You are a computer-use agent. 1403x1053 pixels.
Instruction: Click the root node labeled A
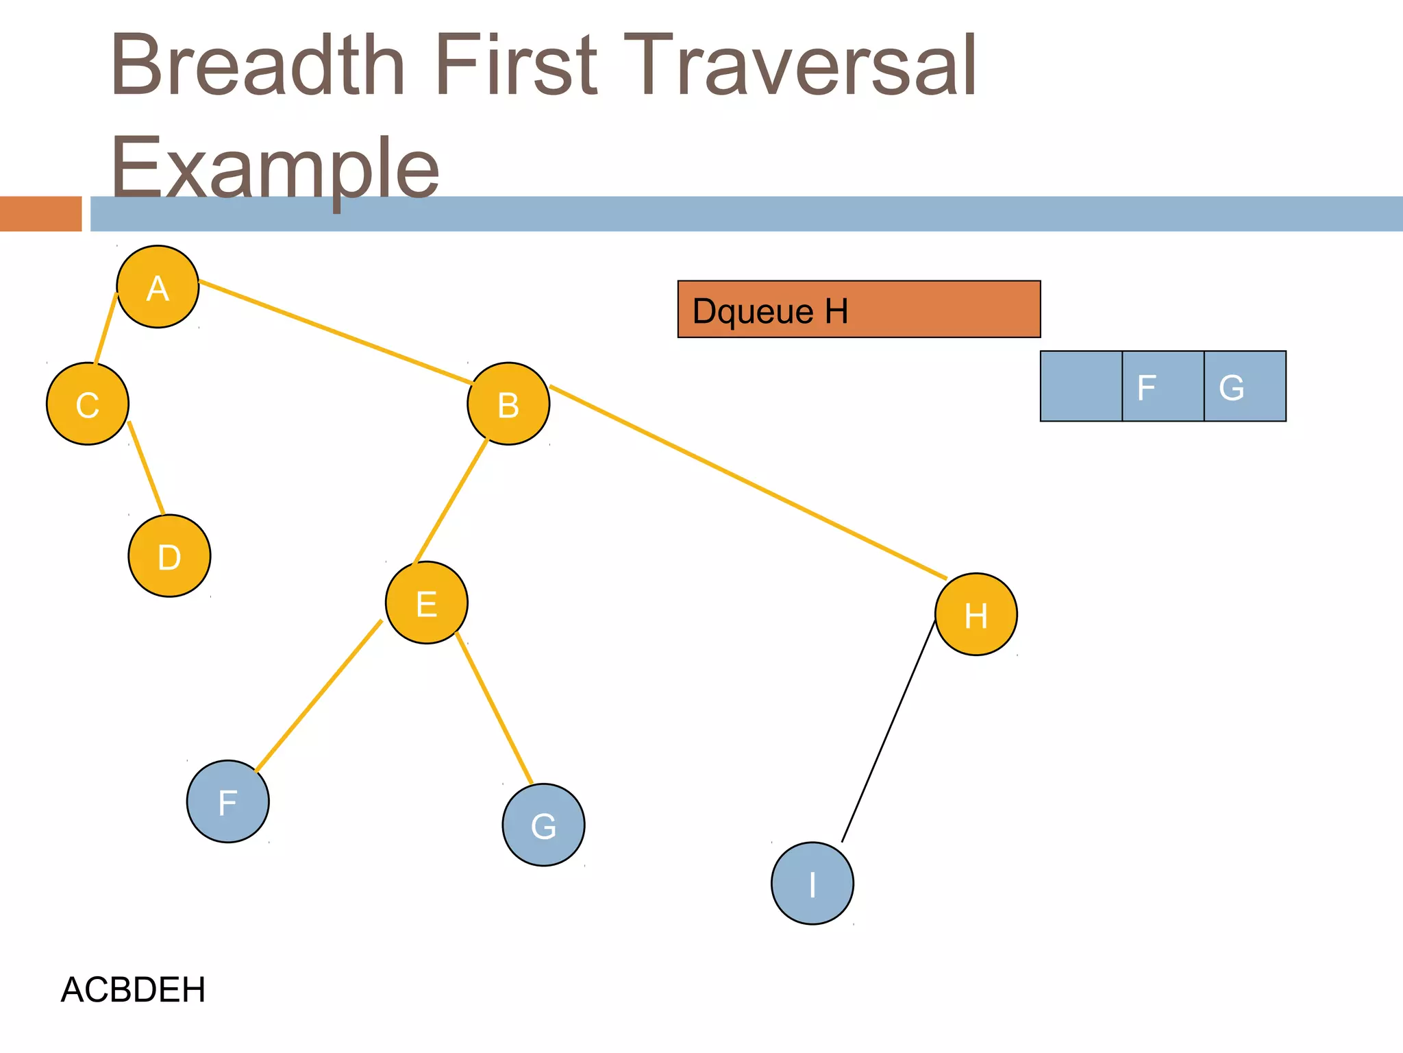coord(158,287)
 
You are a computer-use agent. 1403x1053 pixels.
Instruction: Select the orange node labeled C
coord(88,404)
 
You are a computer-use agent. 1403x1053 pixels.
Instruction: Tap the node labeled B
coord(508,404)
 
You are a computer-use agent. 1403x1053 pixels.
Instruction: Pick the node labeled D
coord(169,556)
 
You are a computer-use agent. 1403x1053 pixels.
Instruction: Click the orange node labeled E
coord(427,603)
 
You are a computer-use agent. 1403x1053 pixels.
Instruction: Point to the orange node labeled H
coord(976,614)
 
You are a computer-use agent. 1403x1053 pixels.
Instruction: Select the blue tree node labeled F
coord(228,801)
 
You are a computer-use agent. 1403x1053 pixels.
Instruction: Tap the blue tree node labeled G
coord(543,825)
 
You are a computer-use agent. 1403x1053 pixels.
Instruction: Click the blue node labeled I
coord(812,883)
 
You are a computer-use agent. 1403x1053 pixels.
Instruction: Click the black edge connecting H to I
coord(889,730)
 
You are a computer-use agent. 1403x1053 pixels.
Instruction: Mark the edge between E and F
coord(319,696)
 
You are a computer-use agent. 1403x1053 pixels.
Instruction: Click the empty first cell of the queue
coord(1081,386)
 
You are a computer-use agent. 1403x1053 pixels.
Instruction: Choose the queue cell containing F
coord(1163,386)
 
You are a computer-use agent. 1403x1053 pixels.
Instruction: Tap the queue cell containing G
coord(1245,386)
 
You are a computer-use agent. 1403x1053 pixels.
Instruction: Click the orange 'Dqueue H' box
coord(859,309)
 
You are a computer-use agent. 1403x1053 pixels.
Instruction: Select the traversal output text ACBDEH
coord(133,989)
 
